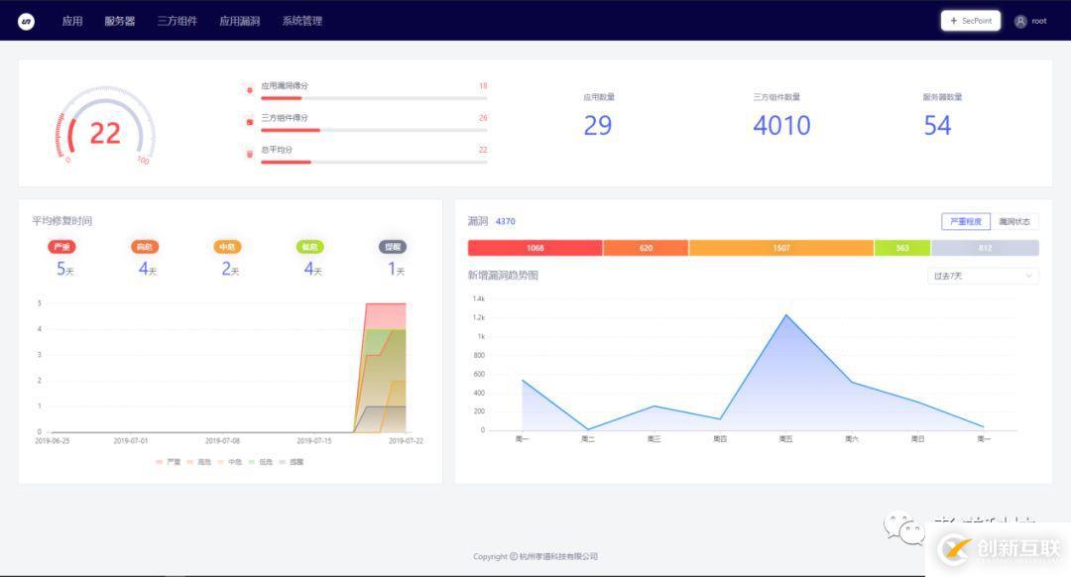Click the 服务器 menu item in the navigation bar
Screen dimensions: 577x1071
click(x=119, y=21)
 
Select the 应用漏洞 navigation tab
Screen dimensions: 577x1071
click(x=239, y=21)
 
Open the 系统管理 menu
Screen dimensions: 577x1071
click(x=301, y=21)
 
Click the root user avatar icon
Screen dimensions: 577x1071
click(x=1020, y=21)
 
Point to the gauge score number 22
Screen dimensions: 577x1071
click(x=105, y=133)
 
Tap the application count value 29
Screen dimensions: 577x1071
click(x=597, y=126)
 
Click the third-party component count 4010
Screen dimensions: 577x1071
click(x=781, y=126)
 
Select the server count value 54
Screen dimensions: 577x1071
click(x=937, y=126)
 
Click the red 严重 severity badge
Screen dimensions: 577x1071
click(x=61, y=247)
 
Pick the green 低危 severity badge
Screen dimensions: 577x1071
click(x=309, y=247)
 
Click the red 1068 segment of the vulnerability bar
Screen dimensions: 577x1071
click(x=535, y=248)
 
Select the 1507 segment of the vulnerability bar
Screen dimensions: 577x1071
click(x=781, y=248)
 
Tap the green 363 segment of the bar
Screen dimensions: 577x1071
click(x=902, y=248)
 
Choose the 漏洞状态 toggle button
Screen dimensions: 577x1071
click(x=1014, y=221)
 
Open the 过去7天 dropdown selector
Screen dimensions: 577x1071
click(x=983, y=276)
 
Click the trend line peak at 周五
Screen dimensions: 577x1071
click(x=785, y=314)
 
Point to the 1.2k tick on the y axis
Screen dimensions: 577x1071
click(x=478, y=317)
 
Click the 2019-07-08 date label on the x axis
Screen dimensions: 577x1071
click(x=221, y=440)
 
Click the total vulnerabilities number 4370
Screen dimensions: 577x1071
click(x=505, y=221)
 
